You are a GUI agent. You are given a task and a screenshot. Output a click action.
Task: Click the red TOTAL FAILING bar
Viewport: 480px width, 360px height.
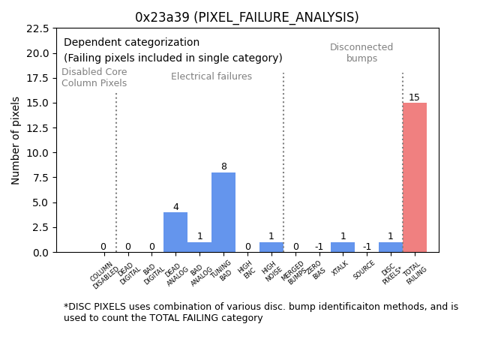tap(415, 178)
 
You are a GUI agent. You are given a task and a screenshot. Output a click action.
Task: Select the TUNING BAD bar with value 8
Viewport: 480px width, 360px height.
tap(223, 212)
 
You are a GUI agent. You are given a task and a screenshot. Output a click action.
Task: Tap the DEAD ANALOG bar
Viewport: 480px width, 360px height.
tap(175, 232)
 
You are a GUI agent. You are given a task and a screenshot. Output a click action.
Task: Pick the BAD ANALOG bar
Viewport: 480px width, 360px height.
tap(199, 247)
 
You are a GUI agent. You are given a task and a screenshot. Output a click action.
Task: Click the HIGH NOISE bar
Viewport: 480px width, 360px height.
tap(271, 247)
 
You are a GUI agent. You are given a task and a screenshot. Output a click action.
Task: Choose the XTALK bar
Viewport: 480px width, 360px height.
tap(343, 247)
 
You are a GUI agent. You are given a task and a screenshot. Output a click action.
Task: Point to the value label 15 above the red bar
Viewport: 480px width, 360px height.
tap(414, 97)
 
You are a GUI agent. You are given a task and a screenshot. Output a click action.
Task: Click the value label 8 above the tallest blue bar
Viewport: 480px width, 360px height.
tap(223, 167)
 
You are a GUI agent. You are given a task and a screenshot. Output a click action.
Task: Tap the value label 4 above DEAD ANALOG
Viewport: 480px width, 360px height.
tap(175, 207)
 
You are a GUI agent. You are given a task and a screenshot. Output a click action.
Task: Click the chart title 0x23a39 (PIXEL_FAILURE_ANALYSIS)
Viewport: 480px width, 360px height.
tap(247, 17)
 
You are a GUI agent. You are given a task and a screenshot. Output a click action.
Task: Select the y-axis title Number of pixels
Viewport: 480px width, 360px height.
tap(16, 140)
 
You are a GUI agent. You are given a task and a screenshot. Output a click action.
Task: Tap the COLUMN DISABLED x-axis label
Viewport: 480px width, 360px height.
tap(103, 274)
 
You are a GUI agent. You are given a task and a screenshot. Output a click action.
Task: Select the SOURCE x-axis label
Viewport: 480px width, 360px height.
tap(364, 270)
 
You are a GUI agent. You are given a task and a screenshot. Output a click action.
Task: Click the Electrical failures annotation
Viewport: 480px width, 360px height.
tap(211, 76)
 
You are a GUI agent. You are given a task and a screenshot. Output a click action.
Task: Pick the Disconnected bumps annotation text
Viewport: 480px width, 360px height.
tap(361, 52)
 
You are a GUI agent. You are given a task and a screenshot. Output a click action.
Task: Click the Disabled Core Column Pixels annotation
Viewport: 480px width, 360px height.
tap(94, 77)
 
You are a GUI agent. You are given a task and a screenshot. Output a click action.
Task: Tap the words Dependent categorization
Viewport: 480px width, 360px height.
tap(131, 43)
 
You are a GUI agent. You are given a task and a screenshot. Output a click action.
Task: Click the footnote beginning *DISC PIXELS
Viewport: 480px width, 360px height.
tap(260, 312)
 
